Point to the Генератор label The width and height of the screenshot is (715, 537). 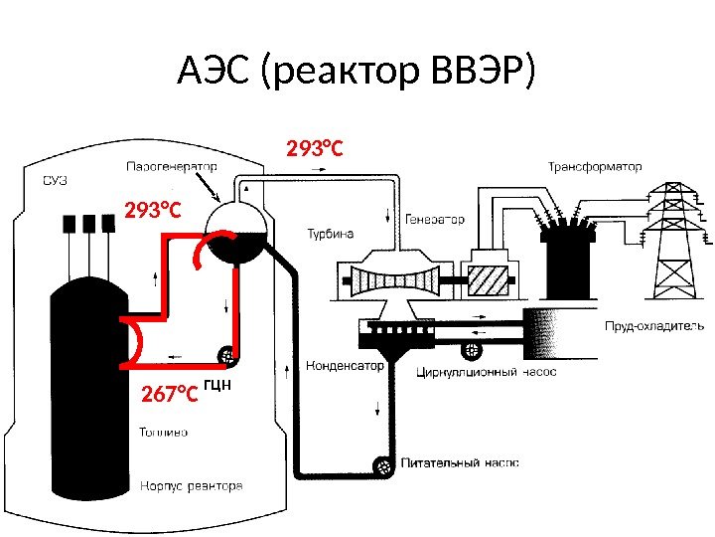[x=435, y=218]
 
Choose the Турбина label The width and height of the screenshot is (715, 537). [x=329, y=234]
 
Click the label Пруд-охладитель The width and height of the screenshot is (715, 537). [x=654, y=325]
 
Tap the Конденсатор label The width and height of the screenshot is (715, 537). [x=344, y=365]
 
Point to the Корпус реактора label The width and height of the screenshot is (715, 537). [x=191, y=486]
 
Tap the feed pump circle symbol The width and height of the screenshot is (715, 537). [x=380, y=463]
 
